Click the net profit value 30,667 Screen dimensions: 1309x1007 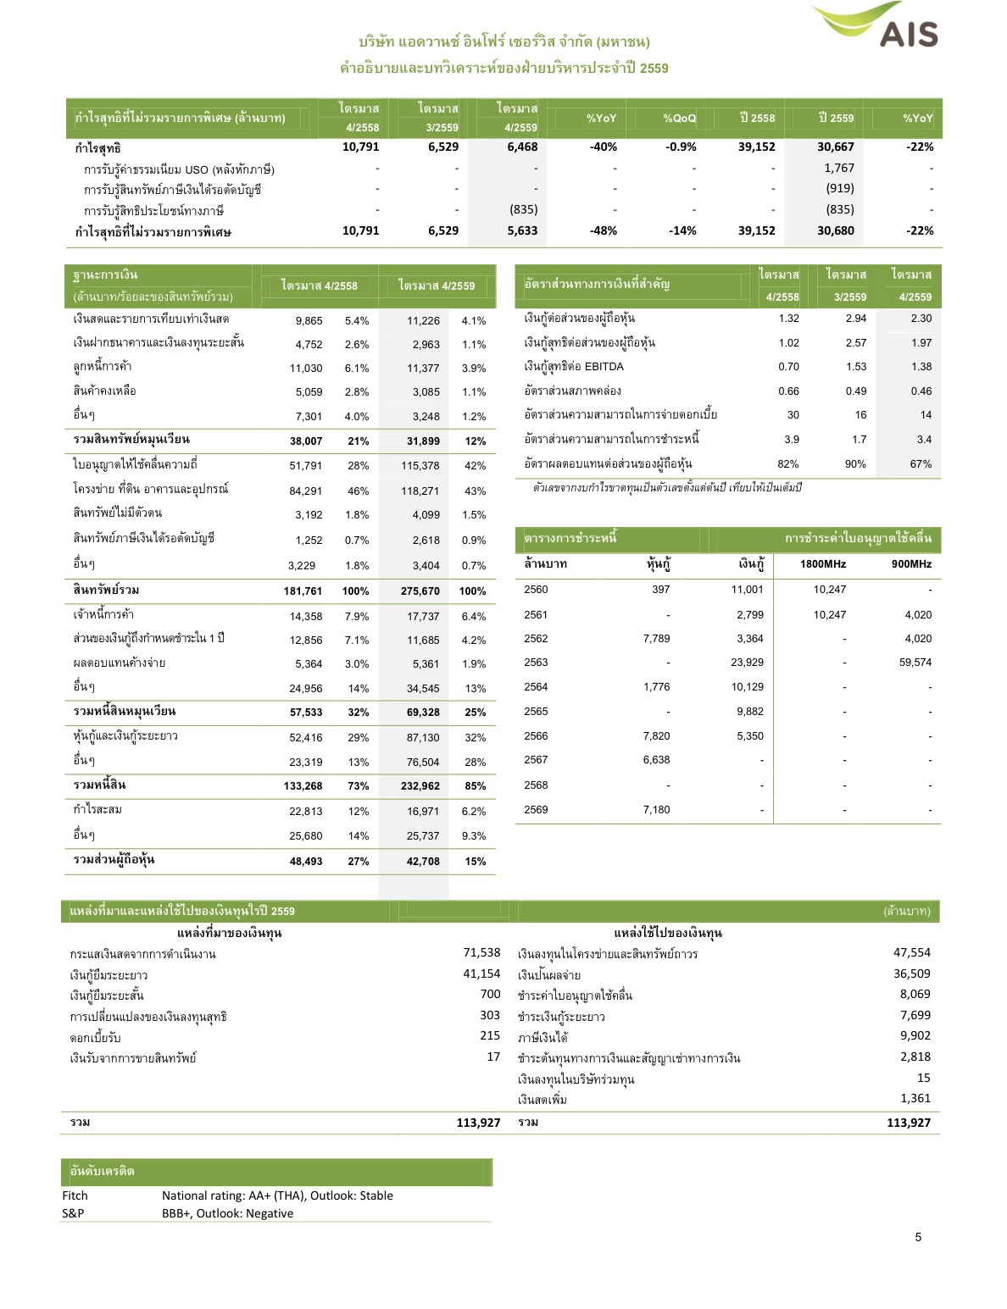click(x=835, y=147)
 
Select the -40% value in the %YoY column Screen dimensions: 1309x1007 click(x=603, y=147)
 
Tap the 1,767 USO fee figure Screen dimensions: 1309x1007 click(x=838, y=168)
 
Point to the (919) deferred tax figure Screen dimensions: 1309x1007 click(x=839, y=188)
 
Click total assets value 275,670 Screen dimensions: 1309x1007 click(x=420, y=591)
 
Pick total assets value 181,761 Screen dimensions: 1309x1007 click(x=303, y=591)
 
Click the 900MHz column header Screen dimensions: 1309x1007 click(x=911, y=564)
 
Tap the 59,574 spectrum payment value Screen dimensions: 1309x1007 click(x=915, y=663)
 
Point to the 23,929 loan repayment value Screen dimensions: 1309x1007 click(x=747, y=663)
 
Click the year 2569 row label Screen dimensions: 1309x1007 click(x=536, y=810)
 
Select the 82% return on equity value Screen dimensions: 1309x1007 click(x=787, y=464)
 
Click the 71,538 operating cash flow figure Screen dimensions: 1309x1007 click(x=481, y=953)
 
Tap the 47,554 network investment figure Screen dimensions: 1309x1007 click(x=911, y=953)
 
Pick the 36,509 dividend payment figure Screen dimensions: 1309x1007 click(x=911, y=974)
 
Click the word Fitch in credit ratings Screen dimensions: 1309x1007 click(x=75, y=1195)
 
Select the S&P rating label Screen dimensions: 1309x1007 click(x=73, y=1213)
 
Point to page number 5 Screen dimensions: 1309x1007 click(x=918, y=1237)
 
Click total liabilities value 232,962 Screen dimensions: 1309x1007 click(x=420, y=786)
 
